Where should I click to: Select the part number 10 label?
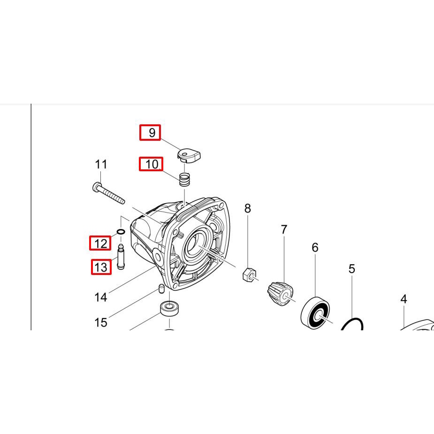(x=151, y=164)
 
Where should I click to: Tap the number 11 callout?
(x=101, y=164)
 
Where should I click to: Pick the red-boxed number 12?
(x=100, y=243)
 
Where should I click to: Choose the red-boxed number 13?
(x=101, y=267)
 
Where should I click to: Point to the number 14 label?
(x=101, y=297)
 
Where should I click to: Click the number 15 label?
(x=101, y=322)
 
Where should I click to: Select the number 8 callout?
(x=248, y=208)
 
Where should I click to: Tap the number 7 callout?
(x=284, y=229)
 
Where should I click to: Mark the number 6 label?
(x=315, y=247)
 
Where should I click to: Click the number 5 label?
(x=352, y=268)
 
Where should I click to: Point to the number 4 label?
(x=404, y=299)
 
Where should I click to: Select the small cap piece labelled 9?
(x=189, y=155)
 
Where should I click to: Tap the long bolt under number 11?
(x=108, y=193)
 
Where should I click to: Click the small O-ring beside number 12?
(x=121, y=231)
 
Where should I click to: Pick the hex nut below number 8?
(x=249, y=274)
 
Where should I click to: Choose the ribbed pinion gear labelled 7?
(x=280, y=293)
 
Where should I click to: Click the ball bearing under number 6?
(x=315, y=313)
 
